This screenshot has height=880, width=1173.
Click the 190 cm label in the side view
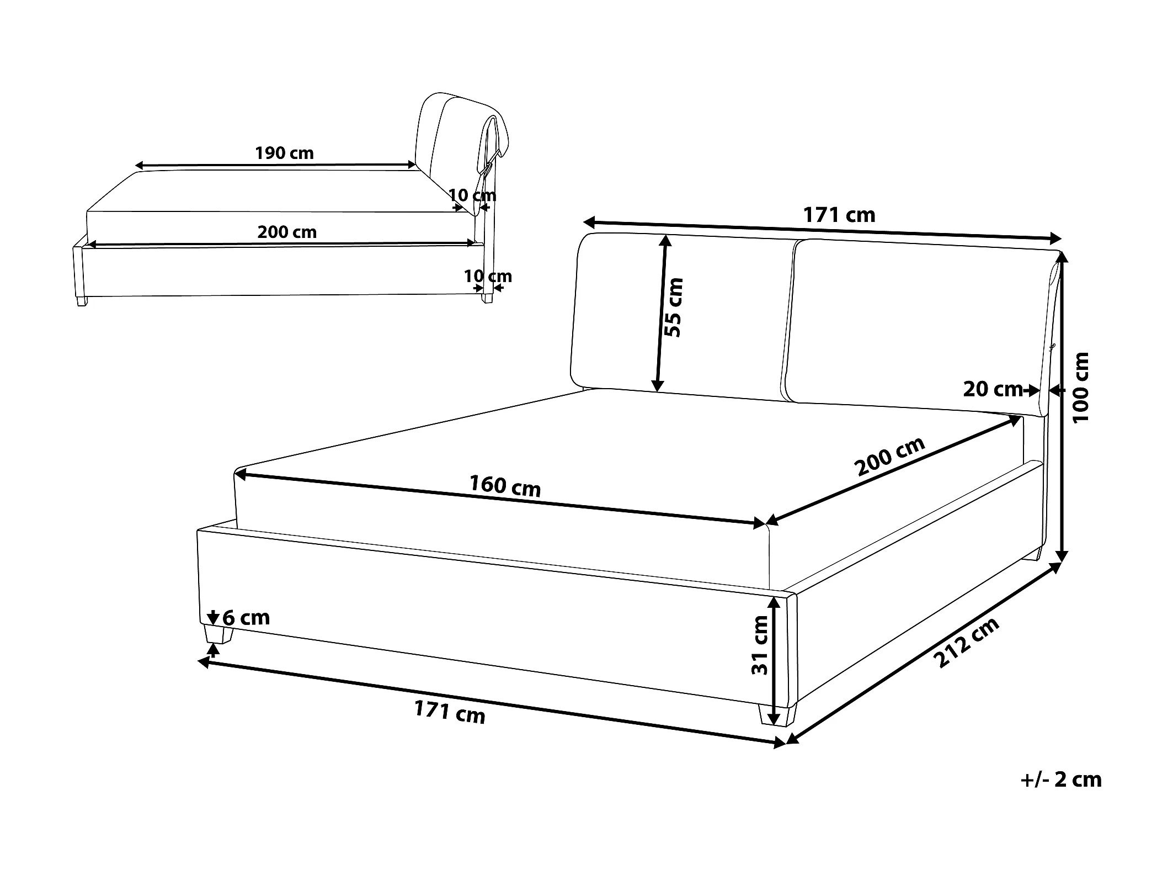coord(284,152)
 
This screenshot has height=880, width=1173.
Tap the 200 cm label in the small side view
coord(287,232)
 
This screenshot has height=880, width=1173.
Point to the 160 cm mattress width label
coord(505,486)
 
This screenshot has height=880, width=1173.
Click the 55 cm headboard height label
coord(674,308)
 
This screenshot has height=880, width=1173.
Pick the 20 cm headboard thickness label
coord(993,389)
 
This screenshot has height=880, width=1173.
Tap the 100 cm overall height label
coord(1081,388)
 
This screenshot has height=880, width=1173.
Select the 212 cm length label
coord(967,642)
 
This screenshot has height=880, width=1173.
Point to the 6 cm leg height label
coord(246,617)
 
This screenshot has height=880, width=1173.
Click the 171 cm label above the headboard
coord(839,215)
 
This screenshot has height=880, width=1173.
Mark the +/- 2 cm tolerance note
coord(1061,780)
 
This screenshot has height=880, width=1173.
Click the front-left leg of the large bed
coord(217,634)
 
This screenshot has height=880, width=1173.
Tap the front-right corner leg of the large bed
coord(777,715)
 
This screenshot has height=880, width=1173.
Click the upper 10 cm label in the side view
coord(472,195)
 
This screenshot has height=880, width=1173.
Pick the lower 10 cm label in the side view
coord(488,276)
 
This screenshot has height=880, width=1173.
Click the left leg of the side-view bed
coord(82,301)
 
